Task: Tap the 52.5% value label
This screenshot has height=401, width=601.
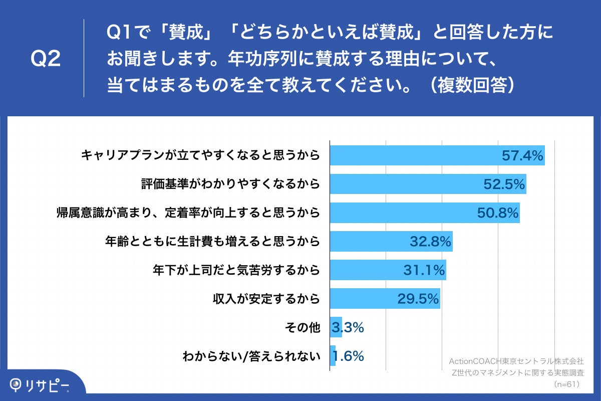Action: click(504, 184)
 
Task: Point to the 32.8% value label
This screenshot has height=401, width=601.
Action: click(431, 242)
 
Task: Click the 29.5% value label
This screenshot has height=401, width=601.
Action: click(418, 299)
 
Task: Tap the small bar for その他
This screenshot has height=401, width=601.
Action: click(336, 327)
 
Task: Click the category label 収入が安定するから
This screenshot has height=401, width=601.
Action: click(266, 299)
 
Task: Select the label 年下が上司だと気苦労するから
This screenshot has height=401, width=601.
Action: click(236, 271)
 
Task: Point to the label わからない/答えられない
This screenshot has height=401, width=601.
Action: click(251, 356)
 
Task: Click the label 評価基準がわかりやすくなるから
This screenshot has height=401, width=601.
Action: click(230, 184)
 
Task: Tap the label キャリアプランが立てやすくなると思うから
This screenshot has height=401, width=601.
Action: click(200, 156)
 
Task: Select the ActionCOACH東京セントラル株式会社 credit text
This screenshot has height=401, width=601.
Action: click(516, 361)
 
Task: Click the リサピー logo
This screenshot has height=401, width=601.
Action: click(40, 385)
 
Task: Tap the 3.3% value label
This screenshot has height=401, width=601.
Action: click(348, 327)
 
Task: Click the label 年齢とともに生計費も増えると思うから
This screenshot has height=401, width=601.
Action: click(212, 242)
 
